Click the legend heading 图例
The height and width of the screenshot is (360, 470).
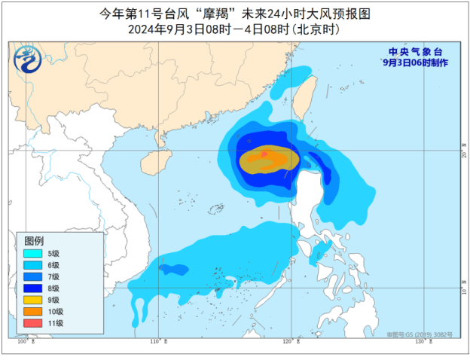(34, 240)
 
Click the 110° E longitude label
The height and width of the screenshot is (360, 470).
(157, 343)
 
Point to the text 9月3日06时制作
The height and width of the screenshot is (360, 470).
(414, 63)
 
